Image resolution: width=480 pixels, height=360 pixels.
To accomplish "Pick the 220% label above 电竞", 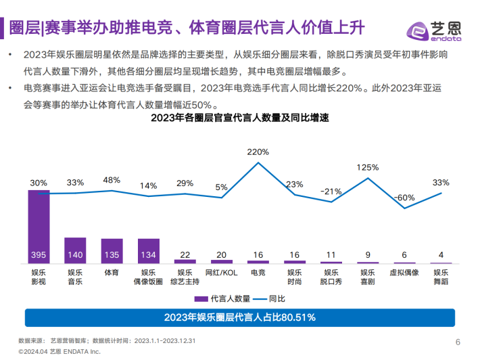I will click(258, 152).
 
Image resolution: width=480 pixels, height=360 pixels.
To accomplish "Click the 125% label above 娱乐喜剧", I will click(368, 167).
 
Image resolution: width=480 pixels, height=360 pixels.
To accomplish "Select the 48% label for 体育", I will click(112, 180).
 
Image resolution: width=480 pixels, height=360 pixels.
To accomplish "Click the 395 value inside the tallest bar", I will click(39, 255).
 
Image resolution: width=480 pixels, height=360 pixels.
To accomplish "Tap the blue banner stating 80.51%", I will click(240, 317).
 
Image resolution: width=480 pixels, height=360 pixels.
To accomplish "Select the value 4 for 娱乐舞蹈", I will click(441, 255).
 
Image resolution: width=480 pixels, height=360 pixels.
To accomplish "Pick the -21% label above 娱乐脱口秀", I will click(331, 192).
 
